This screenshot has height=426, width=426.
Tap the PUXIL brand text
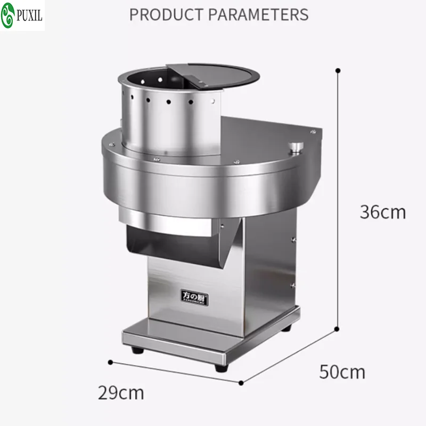[30, 15]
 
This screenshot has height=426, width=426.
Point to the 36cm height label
[382, 212]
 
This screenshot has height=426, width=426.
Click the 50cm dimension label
[342, 371]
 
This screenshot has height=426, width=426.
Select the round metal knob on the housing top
[294, 147]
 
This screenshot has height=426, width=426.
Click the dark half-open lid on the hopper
[213, 75]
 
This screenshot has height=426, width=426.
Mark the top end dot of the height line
[338, 70]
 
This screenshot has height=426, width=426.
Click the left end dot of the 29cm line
[110, 362]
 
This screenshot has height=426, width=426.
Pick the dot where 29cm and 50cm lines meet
[241, 382]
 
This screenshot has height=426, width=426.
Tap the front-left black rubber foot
[137, 350]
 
